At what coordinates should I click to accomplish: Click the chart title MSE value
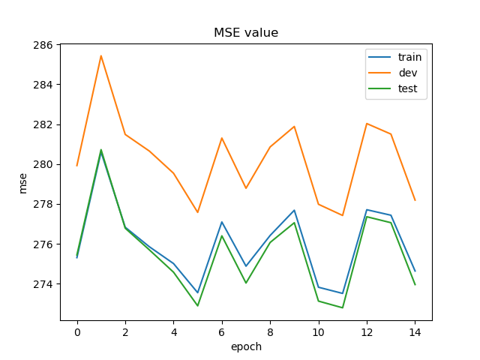point(246,33)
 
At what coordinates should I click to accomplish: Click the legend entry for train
point(409,57)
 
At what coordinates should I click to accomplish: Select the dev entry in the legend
point(407,73)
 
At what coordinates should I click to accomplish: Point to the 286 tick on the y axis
point(43,45)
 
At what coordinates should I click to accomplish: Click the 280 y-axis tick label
point(43,164)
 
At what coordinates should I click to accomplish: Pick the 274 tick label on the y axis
point(43,284)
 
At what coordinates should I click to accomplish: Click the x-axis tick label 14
point(415,331)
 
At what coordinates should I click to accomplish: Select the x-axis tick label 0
point(77,331)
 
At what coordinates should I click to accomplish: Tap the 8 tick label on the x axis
point(270,331)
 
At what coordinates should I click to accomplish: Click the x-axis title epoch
point(246,346)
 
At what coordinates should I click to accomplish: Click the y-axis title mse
point(22,182)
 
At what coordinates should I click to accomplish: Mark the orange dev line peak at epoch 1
point(101,55)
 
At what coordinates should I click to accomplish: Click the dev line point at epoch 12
point(367,124)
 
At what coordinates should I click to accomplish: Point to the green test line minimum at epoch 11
point(343,307)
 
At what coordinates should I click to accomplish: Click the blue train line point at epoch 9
point(294,210)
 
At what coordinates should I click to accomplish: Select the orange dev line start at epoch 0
point(77,166)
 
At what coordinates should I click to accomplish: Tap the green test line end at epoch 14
point(415,284)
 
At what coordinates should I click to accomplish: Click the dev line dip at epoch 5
point(198,212)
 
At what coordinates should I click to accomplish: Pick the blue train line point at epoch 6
point(222,222)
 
